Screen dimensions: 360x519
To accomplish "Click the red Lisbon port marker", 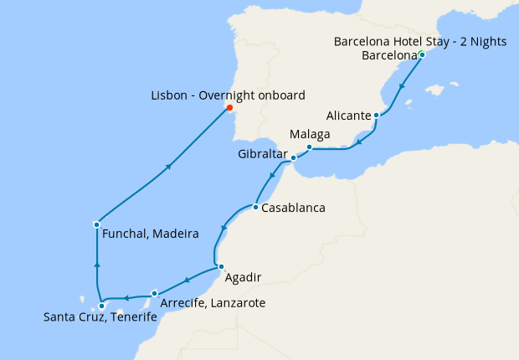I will tap(229, 108).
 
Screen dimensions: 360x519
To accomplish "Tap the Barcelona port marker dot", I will tap(422, 55).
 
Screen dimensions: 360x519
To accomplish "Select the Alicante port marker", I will tap(377, 115).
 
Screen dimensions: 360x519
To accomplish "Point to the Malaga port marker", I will tap(309, 147).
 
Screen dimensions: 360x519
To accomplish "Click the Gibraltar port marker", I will tap(293, 157).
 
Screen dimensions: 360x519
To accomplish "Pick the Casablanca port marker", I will tap(254, 207).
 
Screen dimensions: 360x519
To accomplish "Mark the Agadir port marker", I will tap(221, 267).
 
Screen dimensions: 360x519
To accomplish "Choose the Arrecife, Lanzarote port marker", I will tap(155, 293).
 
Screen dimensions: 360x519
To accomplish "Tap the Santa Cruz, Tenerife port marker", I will tap(102, 306).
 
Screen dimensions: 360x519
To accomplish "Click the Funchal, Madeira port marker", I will tap(97, 224).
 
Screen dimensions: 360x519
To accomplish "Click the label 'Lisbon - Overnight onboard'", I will tap(229, 95).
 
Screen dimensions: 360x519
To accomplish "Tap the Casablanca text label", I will tap(293, 208).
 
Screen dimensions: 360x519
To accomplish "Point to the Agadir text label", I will tap(244, 277).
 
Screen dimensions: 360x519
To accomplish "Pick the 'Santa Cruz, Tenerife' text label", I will tap(98, 318).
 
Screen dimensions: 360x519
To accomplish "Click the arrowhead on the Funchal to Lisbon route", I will tap(169, 167).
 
